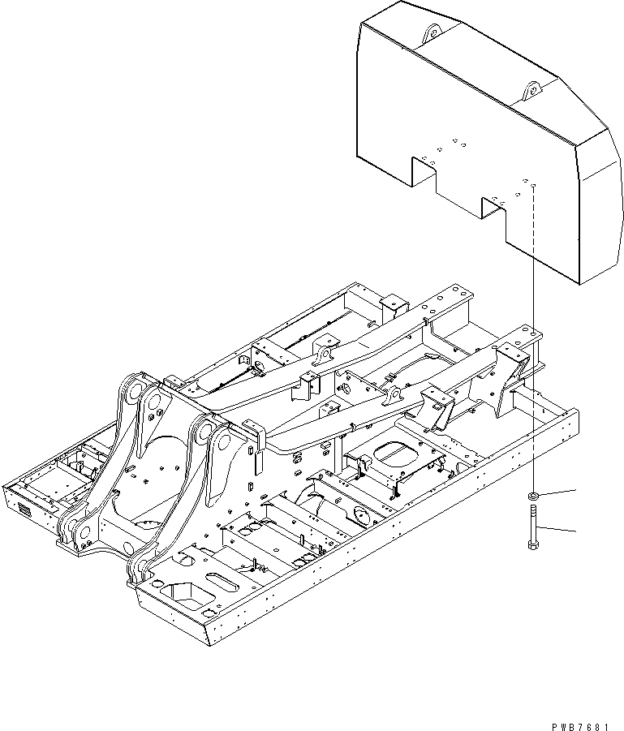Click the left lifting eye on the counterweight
point(431,32)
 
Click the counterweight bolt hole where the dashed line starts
point(534,187)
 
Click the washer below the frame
point(534,495)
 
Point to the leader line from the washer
point(560,492)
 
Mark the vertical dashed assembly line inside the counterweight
point(534,235)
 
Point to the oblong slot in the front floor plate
point(222,582)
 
